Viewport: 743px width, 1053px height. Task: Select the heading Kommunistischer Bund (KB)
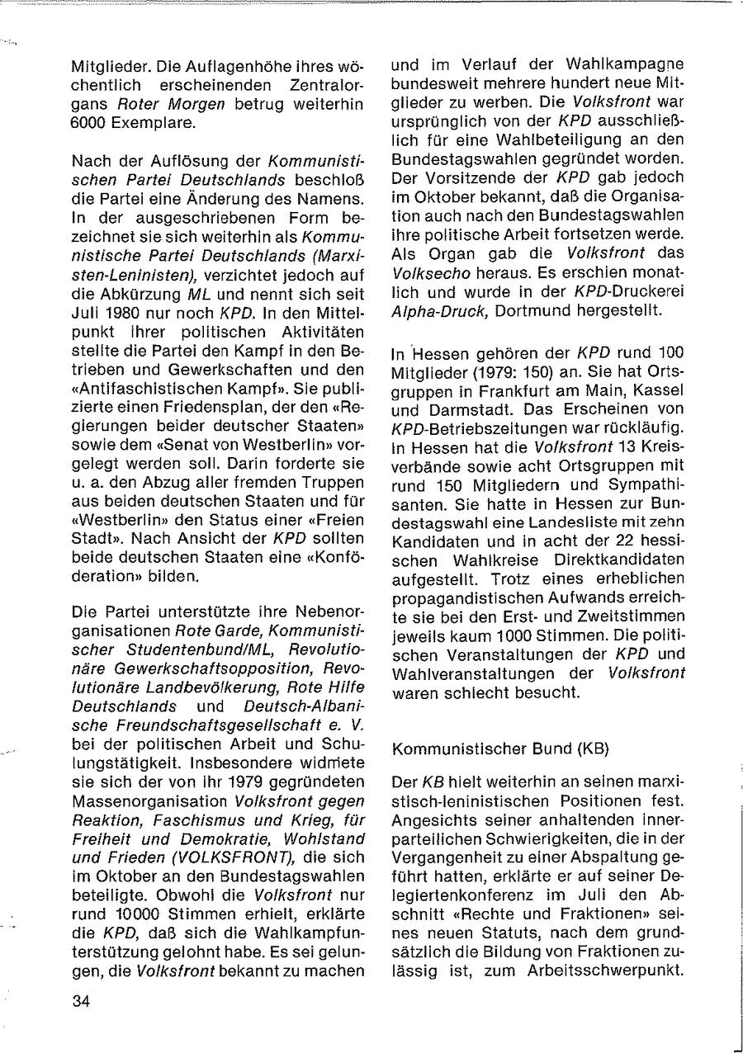(500, 749)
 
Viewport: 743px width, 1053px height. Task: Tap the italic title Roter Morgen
(159, 104)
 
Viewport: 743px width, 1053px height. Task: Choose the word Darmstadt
(461, 409)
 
